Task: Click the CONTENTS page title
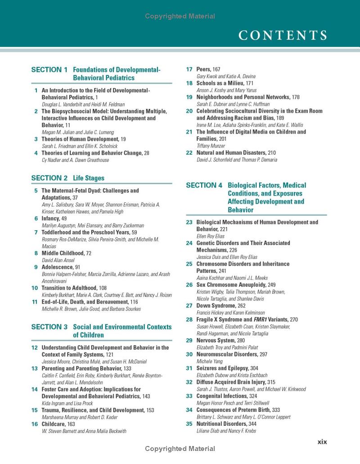point(283,35)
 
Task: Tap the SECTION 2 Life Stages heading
point(67,178)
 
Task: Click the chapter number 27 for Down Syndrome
point(189,306)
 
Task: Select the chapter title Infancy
point(51,219)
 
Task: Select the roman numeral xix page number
point(322,442)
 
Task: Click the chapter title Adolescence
point(58,267)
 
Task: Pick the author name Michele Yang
point(209,361)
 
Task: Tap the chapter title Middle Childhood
point(63,253)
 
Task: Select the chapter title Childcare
point(54,424)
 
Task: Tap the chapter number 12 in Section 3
point(35,348)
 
